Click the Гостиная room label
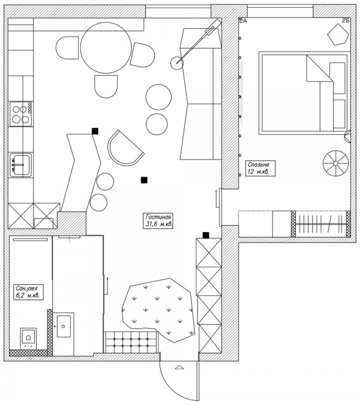click(x=159, y=220)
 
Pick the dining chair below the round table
click(x=106, y=88)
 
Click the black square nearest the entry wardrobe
click(x=206, y=235)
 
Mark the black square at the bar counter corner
click(x=95, y=130)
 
